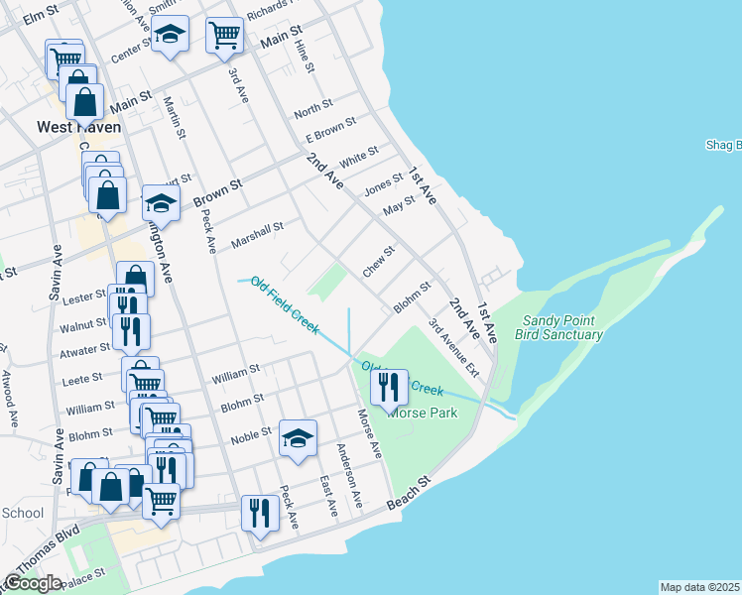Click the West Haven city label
tap(78, 127)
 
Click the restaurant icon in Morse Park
tap(389, 388)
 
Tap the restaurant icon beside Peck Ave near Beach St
tap(259, 514)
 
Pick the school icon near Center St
tap(171, 35)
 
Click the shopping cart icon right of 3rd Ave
tap(225, 35)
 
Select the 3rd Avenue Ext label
tap(453, 346)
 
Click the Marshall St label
tap(257, 235)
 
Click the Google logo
tap(33, 583)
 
